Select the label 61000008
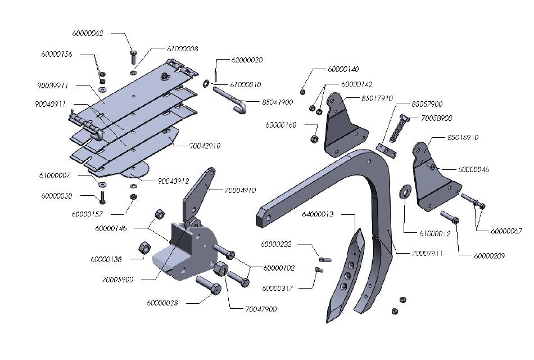(x=183, y=49)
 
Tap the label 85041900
(x=278, y=102)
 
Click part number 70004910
(x=240, y=190)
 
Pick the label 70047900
(x=261, y=309)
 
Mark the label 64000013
(x=318, y=214)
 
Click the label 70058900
(x=437, y=118)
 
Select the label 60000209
(x=490, y=255)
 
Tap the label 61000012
(x=419, y=232)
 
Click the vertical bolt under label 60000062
(x=133, y=57)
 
